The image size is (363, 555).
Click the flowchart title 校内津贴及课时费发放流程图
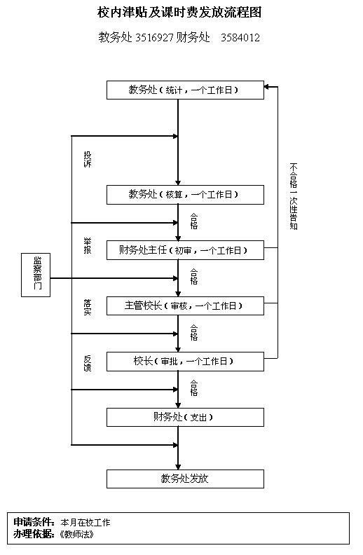coord(179,13)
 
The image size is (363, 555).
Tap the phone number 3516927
coord(154,37)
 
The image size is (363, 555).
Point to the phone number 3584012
coord(240,37)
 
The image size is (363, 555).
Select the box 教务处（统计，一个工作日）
coord(185,90)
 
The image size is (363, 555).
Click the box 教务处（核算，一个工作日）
coord(185,195)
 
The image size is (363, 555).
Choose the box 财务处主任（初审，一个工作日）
coord(185,250)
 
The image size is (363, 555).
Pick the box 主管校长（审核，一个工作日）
coord(185,306)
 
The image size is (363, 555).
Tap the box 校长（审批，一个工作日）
coord(185,362)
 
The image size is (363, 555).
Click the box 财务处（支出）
coord(185,417)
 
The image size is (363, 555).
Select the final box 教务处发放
coord(185,479)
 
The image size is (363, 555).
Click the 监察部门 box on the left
coord(36,275)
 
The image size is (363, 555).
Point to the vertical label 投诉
coord(88,159)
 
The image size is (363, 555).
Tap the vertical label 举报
coord(88,246)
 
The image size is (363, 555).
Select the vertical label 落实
coord(88,307)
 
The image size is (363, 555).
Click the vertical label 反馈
coord(88,363)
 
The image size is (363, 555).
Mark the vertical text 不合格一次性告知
coord(294,196)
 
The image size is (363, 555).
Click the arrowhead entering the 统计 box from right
coord(268,87)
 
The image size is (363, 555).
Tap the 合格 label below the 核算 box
coord(194,221)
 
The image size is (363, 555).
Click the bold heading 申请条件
coord(33,522)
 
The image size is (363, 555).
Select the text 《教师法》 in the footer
coord(77,534)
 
